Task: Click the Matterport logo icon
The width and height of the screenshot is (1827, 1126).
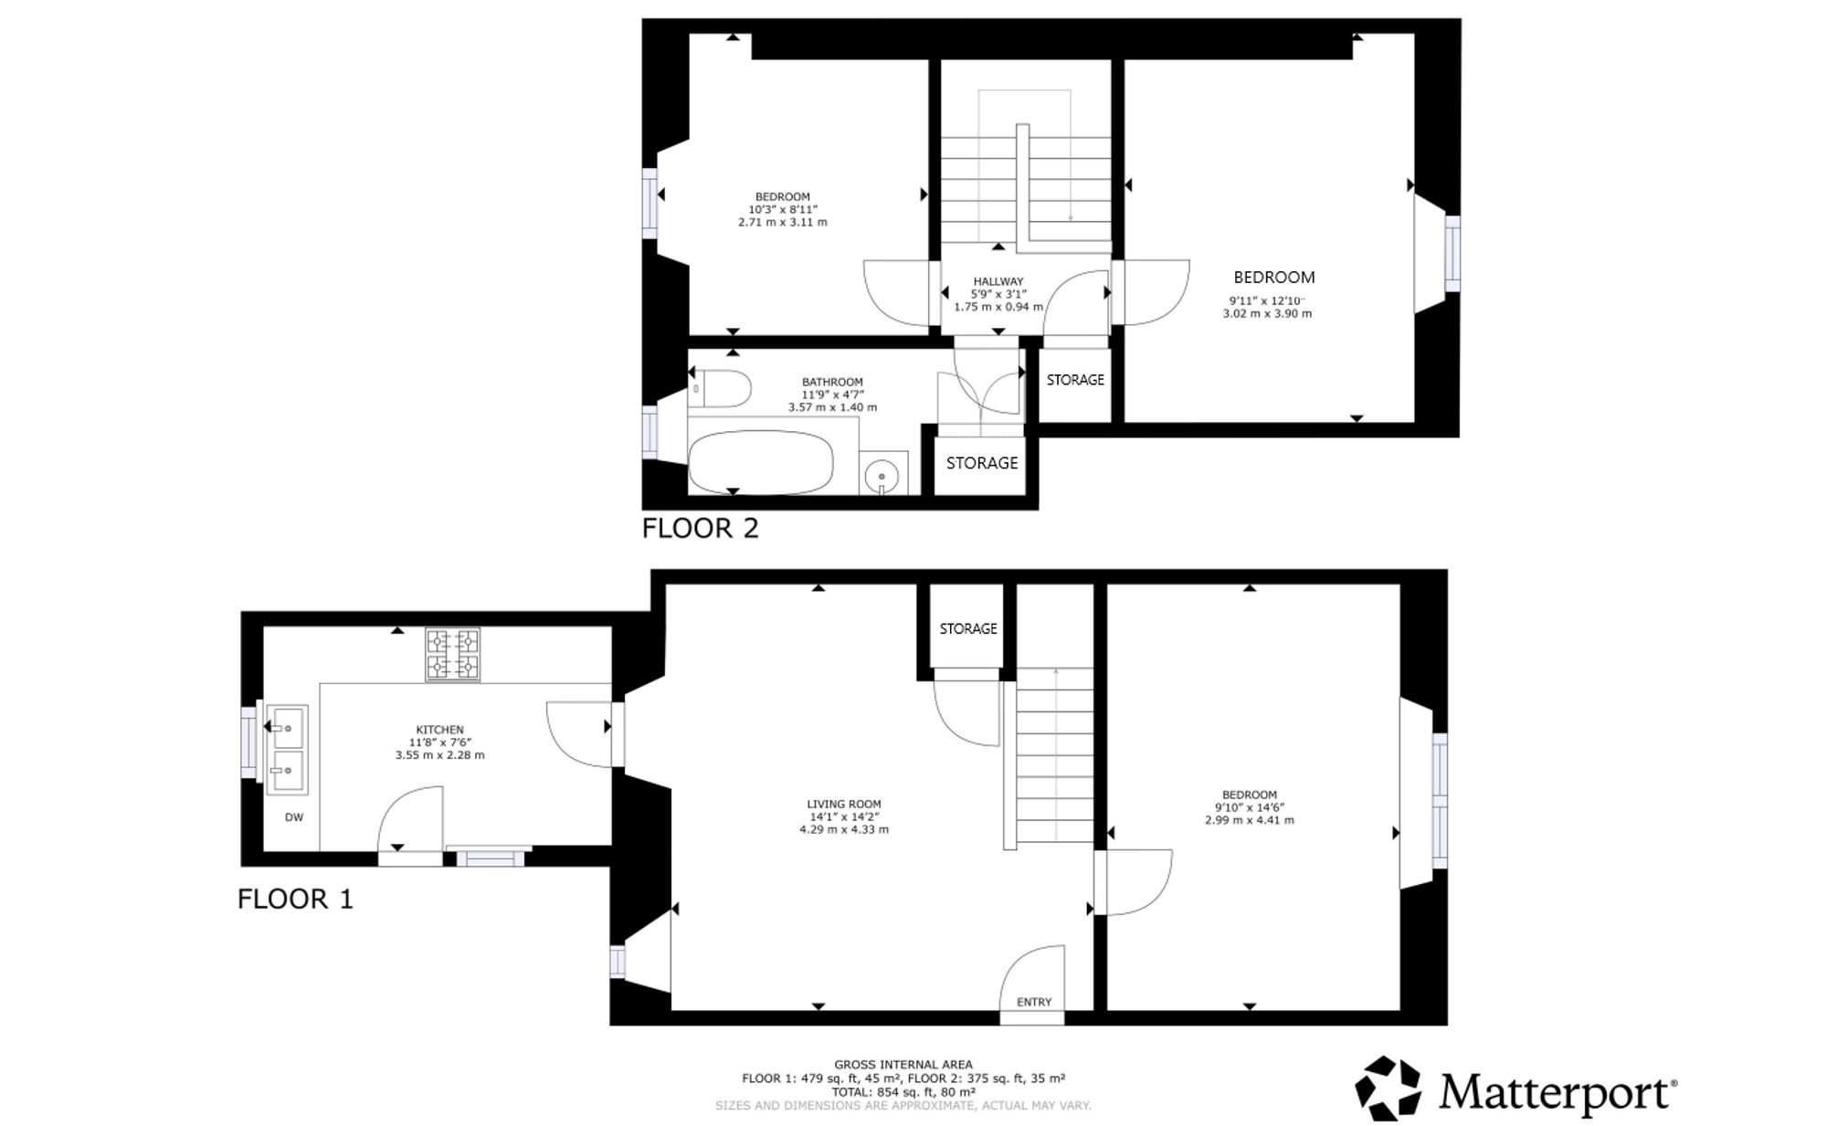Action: pyautogui.click(x=1388, y=1088)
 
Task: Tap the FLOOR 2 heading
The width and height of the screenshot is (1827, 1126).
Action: pyautogui.click(x=701, y=528)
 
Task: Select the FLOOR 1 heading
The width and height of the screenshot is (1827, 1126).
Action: pyautogui.click(x=295, y=899)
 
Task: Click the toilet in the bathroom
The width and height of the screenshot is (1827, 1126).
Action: pyautogui.click(x=721, y=388)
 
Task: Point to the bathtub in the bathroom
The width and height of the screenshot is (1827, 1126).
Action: pyautogui.click(x=761, y=463)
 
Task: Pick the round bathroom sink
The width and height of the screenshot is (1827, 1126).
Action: pyautogui.click(x=882, y=475)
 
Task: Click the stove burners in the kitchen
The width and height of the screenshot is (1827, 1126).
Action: pyautogui.click(x=452, y=654)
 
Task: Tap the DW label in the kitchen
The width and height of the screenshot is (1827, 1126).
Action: pyautogui.click(x=294, y=817)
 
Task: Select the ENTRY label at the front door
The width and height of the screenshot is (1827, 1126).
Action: pyautogui.click(x=1034, y=1002)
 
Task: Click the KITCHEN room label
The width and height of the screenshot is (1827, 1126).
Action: pyautogui.click(x=440, y=730)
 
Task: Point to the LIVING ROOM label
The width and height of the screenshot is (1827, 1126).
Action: pyautogui.click(x=844, y=805)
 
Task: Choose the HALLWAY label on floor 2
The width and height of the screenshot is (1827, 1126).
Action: pyautogui.click(x=998, y=281)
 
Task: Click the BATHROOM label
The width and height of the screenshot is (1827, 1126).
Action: pyautogui.click(x=832, y=382)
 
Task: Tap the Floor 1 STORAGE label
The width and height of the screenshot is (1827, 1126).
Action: pyautogui.click(x=968, y=628)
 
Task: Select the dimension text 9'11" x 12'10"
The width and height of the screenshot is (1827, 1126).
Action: pyautogui.click(x=1267, y=300)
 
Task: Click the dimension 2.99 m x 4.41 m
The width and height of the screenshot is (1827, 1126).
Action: pyautogui.click(x=1250, y=820)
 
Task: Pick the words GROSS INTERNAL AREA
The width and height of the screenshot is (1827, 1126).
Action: pyautogui.click(x=903, y=1064)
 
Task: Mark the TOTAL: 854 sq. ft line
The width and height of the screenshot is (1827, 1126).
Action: pyautogui.click(x=903, y=1091)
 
